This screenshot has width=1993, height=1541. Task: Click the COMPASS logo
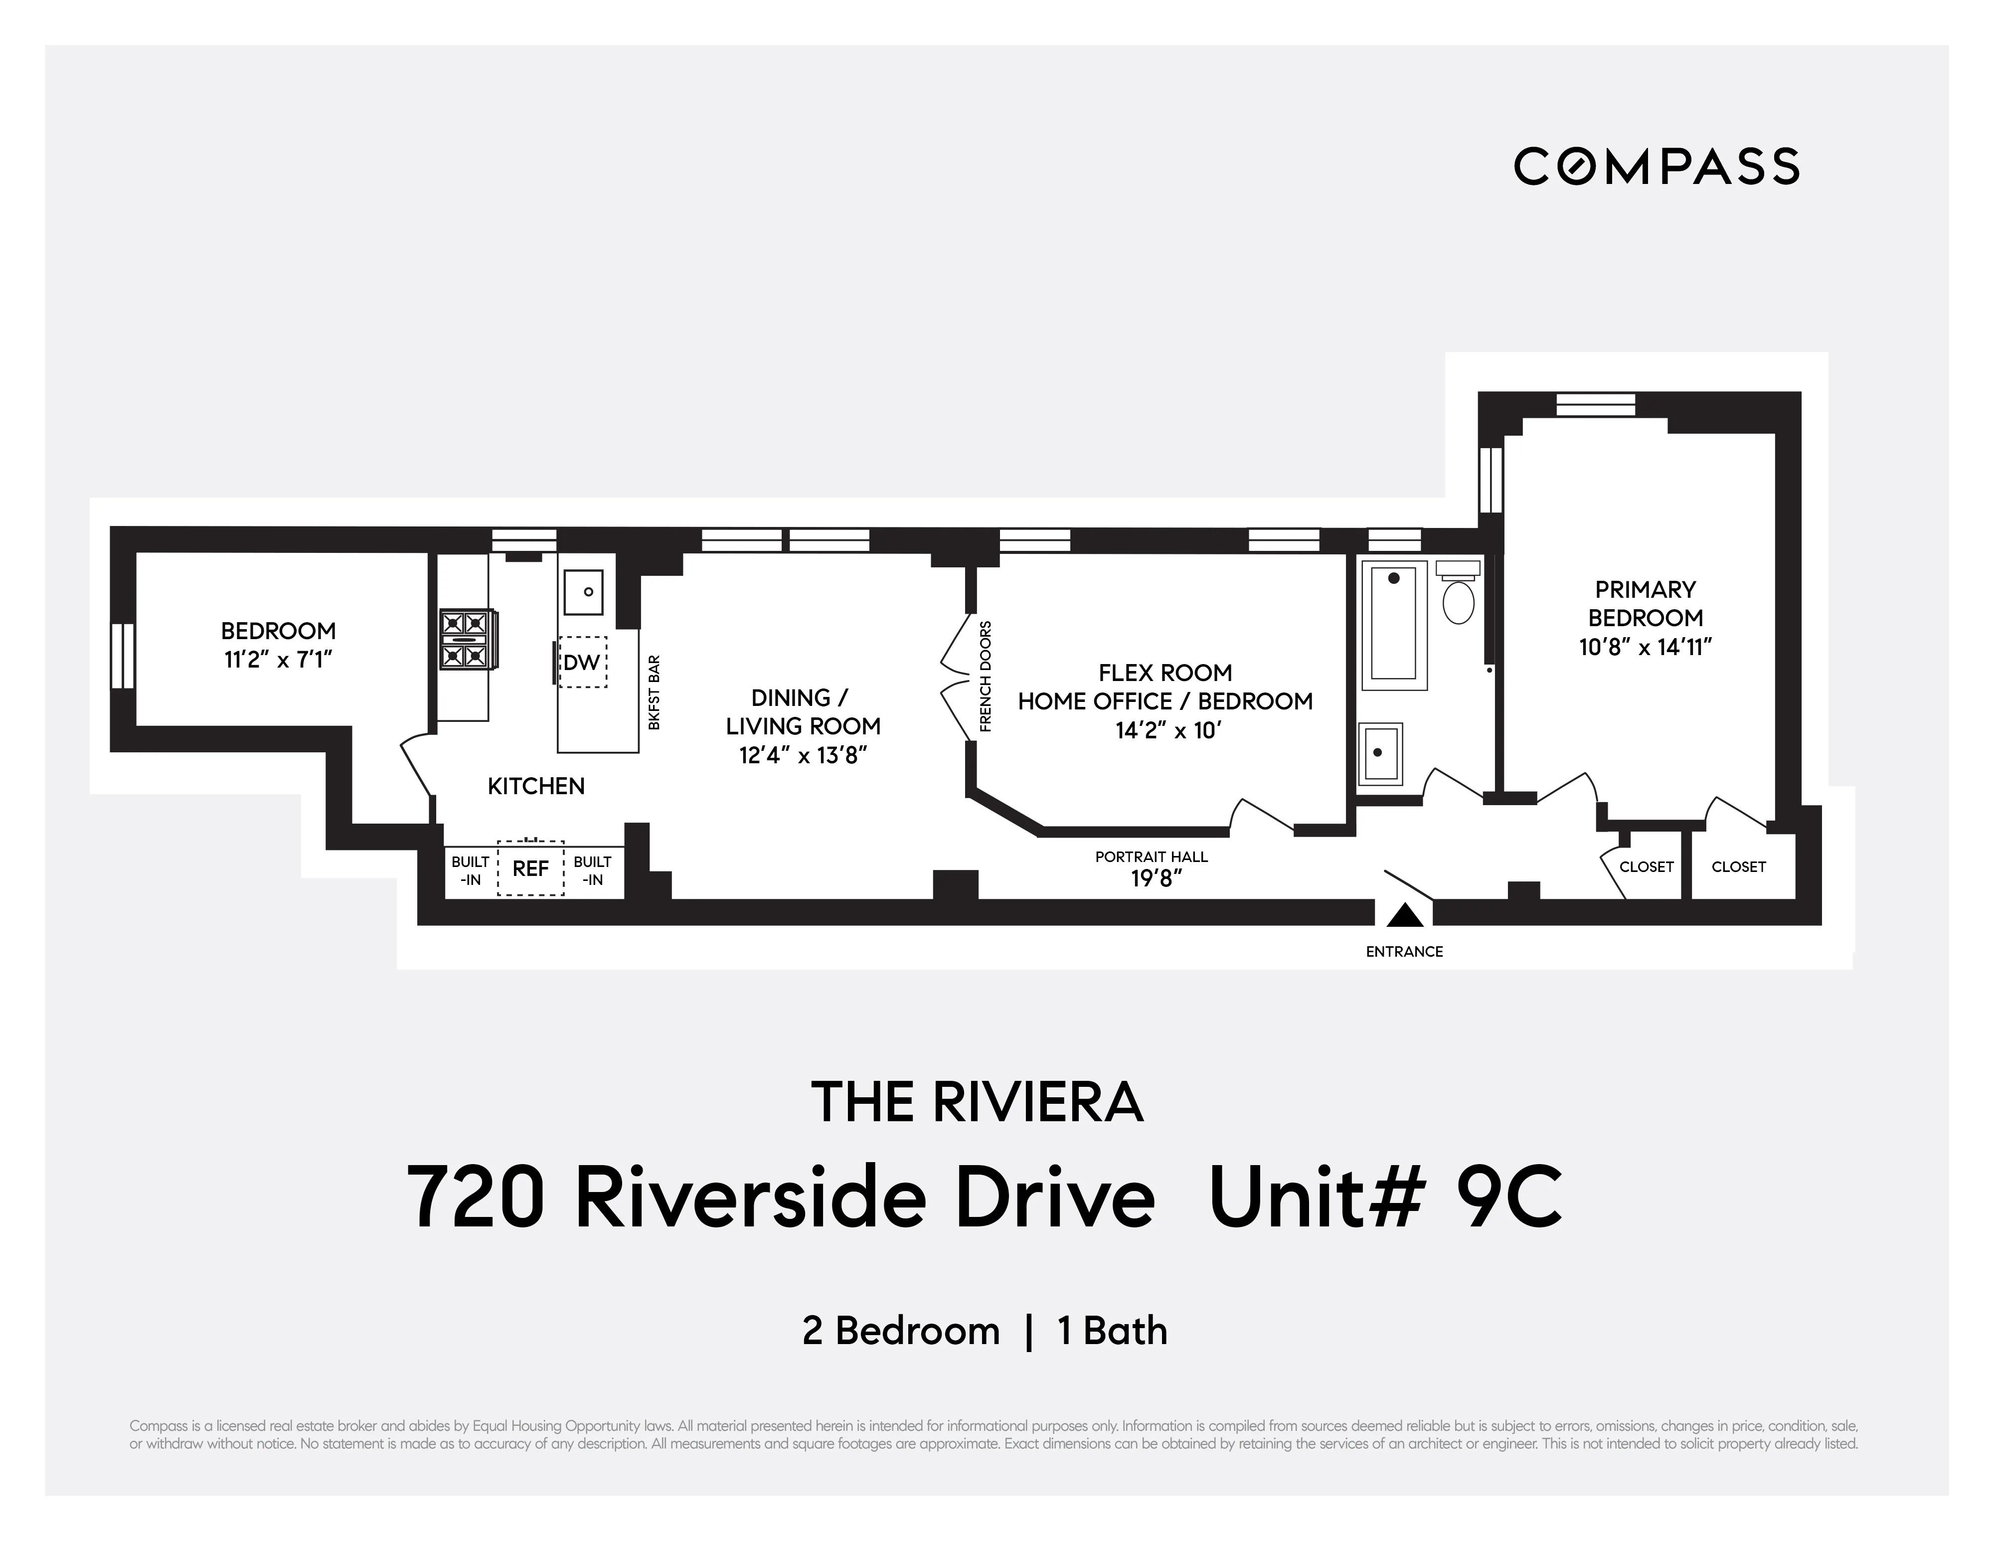click(x=1657, y=166)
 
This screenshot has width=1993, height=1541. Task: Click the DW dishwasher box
click(x=582, y=663)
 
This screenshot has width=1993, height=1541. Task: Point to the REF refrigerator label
click(x=530, y=868)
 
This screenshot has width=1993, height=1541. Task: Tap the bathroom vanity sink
click(x=1380, y=754)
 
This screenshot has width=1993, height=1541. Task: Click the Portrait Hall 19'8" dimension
click(x=1156, y=878)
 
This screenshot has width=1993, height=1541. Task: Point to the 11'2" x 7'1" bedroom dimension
click(x=278, y=659)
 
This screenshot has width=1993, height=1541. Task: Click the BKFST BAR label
click(x=654, y=692)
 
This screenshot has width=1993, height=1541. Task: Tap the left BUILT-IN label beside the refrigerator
click(x=470, y=870)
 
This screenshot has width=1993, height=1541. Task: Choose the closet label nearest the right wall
click(x=1738, y=867)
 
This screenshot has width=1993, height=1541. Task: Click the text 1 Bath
click(x=1112, y=1331)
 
